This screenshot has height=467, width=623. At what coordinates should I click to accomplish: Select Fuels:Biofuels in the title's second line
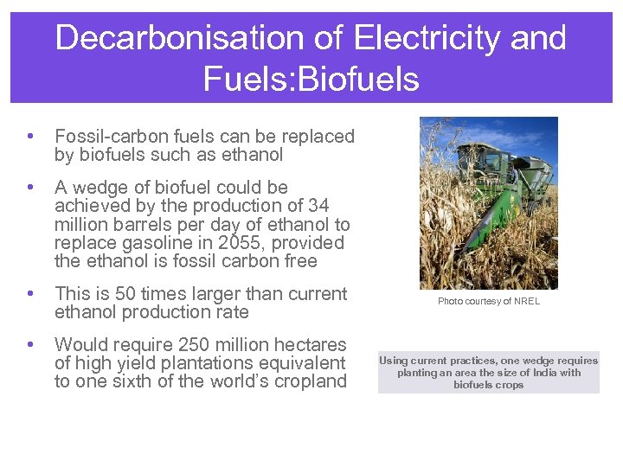[311, 80]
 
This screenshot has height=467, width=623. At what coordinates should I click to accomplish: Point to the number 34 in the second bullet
[318, 206]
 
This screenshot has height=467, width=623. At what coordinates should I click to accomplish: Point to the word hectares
[308, 345]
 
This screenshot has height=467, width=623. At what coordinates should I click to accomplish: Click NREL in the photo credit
[526, 301]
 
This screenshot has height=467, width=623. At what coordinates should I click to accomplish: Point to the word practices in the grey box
[468, 361]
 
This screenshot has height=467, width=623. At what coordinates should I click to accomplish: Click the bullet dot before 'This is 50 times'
[30, 294]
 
